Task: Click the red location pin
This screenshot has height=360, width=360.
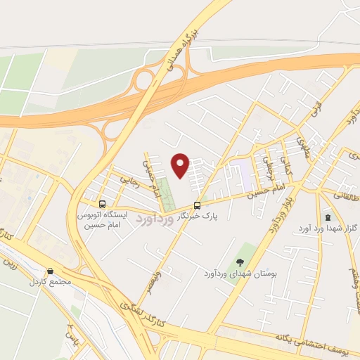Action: tap(181, 165)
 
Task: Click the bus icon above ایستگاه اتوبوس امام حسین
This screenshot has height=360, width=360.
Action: tap(103, 205)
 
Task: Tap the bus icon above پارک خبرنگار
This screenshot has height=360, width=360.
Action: tap(197, 205)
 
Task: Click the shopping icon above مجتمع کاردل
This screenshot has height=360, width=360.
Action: tap(49, 271)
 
